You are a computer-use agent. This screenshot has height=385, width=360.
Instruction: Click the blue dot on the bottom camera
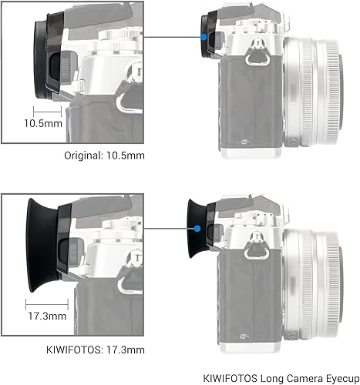pos(199,229)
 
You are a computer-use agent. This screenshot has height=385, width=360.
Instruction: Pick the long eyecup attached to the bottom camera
pos(196,228)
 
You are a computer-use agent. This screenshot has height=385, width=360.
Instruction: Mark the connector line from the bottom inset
pos(170,229)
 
